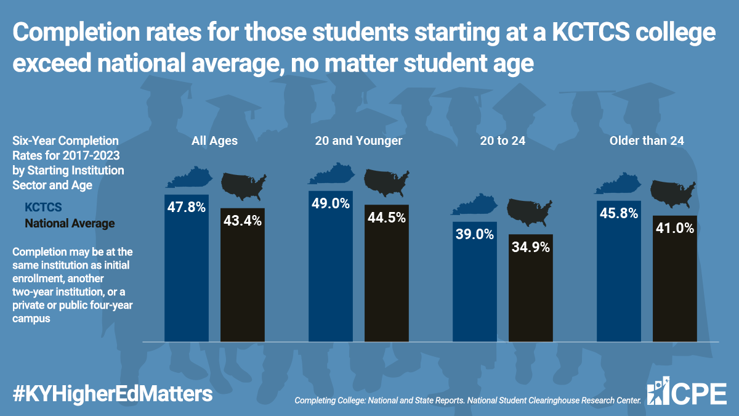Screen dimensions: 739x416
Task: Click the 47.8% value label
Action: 187,207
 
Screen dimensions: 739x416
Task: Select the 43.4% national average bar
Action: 243,275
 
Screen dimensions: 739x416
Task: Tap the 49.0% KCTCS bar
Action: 331,266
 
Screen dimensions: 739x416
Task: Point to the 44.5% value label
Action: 387,218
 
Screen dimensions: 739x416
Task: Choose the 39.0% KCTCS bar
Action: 475,282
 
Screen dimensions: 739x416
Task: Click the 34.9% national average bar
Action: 531,288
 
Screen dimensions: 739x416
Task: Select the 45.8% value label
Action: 619,213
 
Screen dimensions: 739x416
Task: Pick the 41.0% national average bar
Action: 675,279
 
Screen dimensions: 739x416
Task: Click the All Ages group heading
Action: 214,141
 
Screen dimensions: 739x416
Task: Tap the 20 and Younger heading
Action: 358,141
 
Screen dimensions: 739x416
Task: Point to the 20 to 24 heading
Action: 503,141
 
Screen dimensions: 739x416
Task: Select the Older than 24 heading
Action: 647,141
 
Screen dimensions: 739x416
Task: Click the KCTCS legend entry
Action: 43,207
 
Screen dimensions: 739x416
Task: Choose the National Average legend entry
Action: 70,224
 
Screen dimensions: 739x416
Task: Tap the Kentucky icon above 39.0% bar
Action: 475,205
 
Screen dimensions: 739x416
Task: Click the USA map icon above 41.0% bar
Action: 673,194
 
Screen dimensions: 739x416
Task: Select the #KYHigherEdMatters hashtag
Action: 113,394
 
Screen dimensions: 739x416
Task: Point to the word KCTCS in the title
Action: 591,32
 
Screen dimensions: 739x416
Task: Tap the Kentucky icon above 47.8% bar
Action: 189,177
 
